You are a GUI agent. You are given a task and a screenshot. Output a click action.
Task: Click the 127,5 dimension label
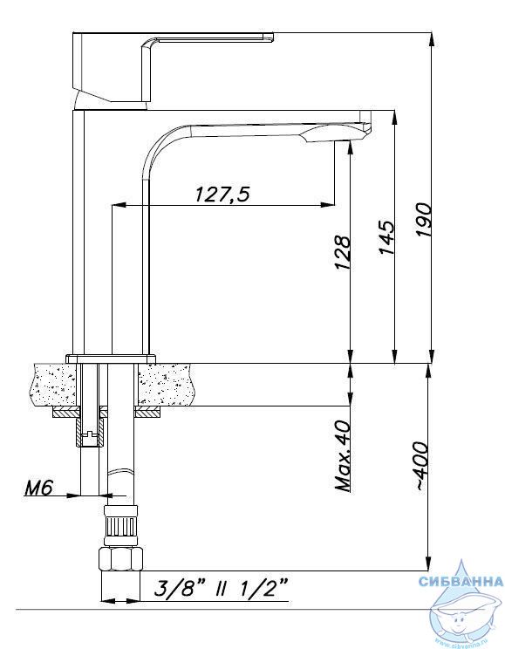[x=222, y=194]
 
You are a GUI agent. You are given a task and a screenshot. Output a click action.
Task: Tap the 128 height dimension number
[x=343, y=252]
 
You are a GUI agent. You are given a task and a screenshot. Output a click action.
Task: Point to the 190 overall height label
[x=424, y=219]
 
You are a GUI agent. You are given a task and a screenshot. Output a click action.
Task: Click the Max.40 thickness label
[x=343, y=456]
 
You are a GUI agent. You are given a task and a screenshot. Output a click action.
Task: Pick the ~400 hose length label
[x=421, y=467]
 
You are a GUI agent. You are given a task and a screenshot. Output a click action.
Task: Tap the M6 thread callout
[x=38, y=488]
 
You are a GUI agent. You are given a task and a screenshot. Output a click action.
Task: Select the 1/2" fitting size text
[x=263, y=588]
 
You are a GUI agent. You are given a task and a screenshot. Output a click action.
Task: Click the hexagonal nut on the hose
[x=120, y=559]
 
